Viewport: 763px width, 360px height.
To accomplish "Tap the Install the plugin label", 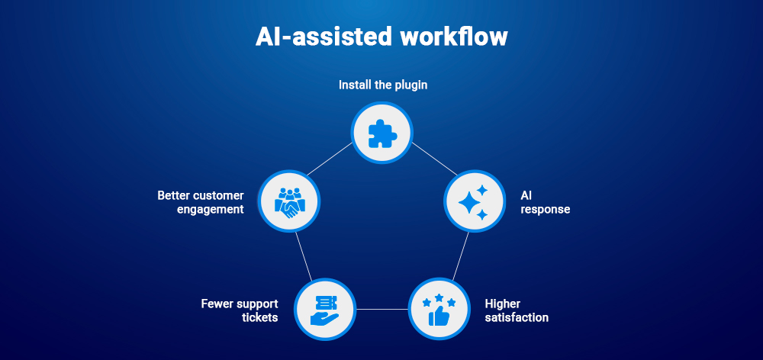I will click(383, 85).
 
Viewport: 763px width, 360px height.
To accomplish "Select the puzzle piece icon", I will click(381, 134).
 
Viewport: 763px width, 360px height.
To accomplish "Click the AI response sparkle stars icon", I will click(475, 201).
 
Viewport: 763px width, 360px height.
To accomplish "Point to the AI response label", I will click(545, 202).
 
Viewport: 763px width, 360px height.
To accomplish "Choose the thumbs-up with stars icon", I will click(439, 309).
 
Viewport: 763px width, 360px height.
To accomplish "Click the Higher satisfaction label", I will click(517, 310).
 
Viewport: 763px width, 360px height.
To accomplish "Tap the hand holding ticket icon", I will click(325, 309).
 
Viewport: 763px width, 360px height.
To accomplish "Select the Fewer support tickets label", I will click(239, 310).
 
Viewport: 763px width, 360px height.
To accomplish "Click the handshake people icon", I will click(288, 201).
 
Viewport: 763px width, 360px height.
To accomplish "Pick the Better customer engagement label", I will click(201, 202).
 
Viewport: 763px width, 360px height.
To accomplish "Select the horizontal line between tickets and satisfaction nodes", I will click(381, 309).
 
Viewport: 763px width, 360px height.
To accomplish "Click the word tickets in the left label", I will click(259, 317).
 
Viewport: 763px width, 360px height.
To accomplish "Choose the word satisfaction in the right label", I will click(517, 317).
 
